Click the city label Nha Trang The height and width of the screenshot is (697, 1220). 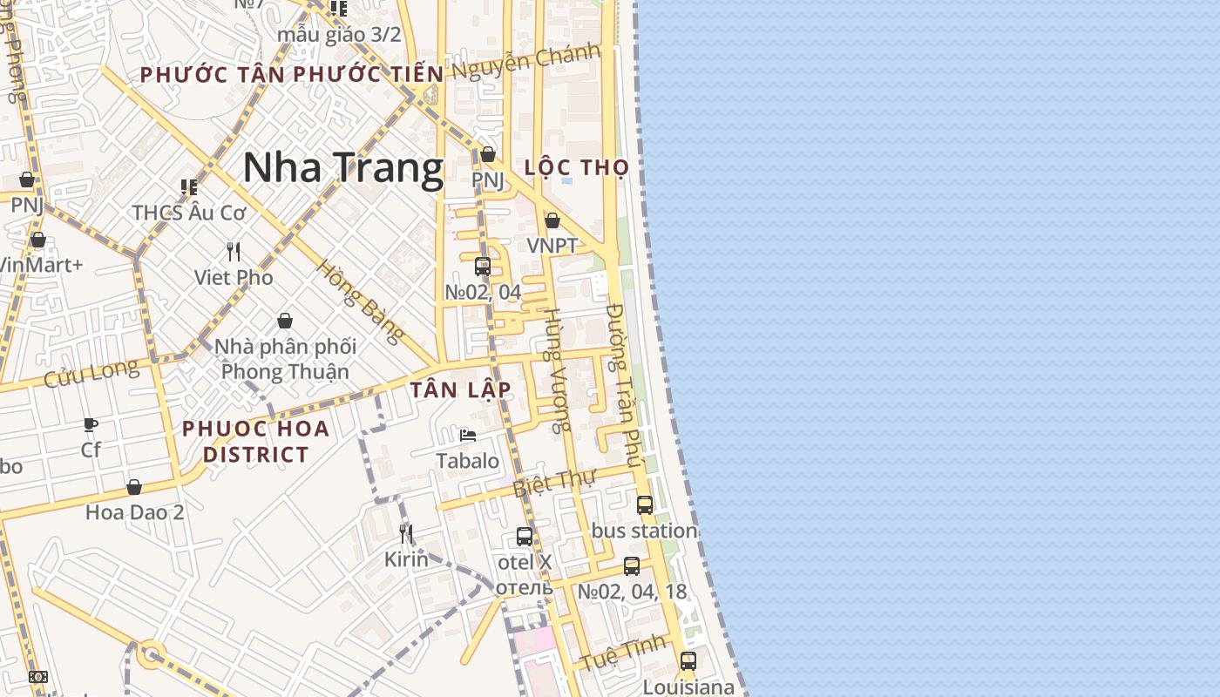(342, 167)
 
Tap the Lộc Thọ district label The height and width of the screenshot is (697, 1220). (577, 167)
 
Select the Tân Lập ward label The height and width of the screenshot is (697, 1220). (460, 389)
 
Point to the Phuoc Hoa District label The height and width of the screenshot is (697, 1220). (256, 441)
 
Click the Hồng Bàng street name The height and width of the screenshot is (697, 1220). (361, 301)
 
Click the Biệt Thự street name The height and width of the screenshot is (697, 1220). (553, 482)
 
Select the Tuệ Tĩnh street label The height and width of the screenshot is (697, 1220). (623, 653)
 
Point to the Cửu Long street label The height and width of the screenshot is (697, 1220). (91, 373)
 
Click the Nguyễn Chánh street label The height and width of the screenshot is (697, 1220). (526, 61)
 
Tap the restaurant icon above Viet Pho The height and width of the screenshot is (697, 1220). (234, 252)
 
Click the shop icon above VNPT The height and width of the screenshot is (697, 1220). (552, 220)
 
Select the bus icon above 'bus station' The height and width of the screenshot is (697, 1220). (645, 504)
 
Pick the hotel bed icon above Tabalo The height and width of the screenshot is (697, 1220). (468, 436)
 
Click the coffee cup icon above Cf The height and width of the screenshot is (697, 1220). (91, 424)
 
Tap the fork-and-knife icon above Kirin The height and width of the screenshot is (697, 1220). (405, 533)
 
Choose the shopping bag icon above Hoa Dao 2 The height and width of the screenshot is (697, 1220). (134, 486)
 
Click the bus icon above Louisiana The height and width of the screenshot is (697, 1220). (688, 660)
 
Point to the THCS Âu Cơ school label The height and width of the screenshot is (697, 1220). (189, 212)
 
